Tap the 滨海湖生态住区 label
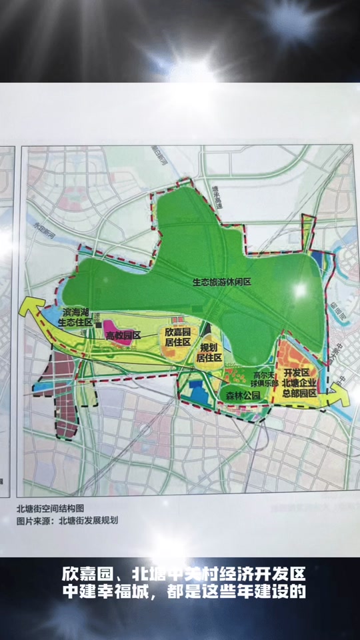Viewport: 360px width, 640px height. pyautogui.click(x=75, y=317)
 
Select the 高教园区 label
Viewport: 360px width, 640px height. pyautogui.click(x=123, y=335)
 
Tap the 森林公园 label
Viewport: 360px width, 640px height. pyautogui.click(x=239, y=395)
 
